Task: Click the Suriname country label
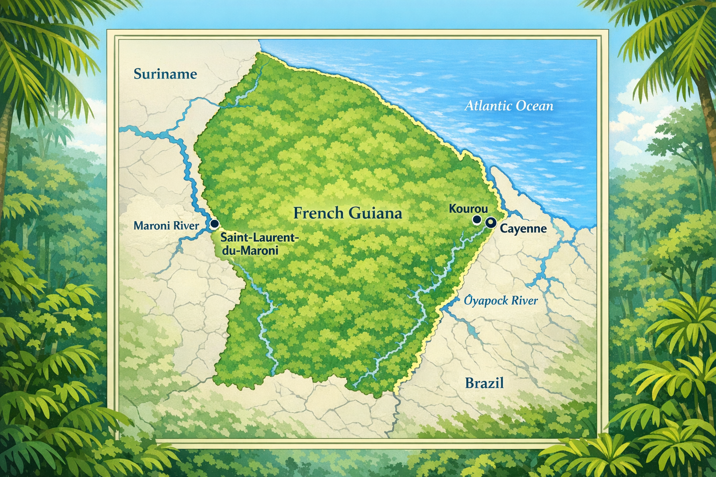pyautogui.click(x=165, y=74)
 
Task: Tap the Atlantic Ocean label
pyautogui.click(x=509, y=106)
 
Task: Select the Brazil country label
pyautogui.click(x=484, y=383)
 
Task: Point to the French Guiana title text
pyautogui.click(x=348, y=213)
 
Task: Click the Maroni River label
pyautogui.click(x=166, y=226)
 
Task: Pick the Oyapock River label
pyautogui.click(x=501, y=300)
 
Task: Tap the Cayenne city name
pyautogui.click(x=523, y=229)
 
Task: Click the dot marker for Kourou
pyautogui.click(x=476, y=219)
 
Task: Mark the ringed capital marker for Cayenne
pyautogui.click(x=490, y=222)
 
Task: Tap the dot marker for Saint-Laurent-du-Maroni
pyautogui.click(x=214, y=224)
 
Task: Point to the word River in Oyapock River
pyautogui.click(x=524, y=300)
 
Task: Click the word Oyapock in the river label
pyautogui.click(x=486, y=300)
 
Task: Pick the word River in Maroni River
pyautogui.click(x=186, y=226)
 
